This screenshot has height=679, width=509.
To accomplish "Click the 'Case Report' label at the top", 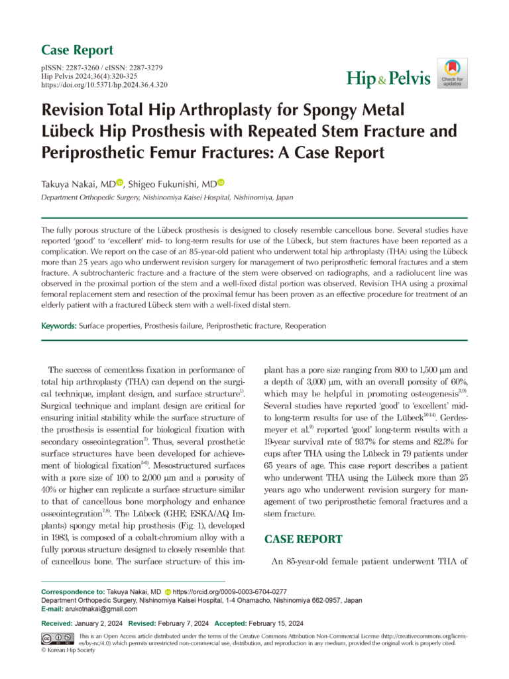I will [77, 50].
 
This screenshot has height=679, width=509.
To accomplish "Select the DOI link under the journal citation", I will [104, 86].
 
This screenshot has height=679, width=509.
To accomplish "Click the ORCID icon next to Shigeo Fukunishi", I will [221, 182].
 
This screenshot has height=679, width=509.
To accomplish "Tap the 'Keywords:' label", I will [59, 326].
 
